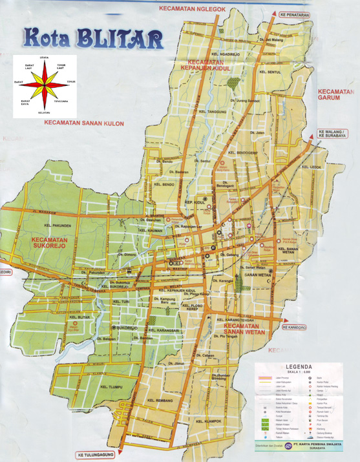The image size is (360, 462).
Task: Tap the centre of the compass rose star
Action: pyautogui.click(x=45, y=83)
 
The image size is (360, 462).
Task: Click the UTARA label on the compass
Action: pyautogui.click(x=45, y=58)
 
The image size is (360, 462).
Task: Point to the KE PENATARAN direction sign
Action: pyautogui.click(x=295, y=14)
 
